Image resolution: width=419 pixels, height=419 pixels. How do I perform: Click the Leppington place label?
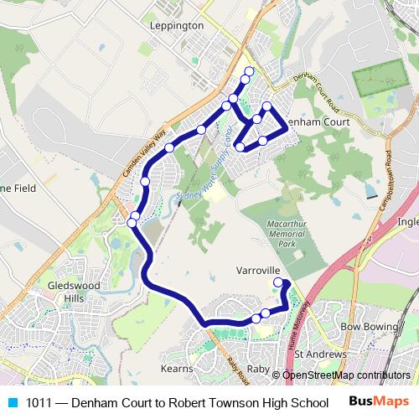point(176,26)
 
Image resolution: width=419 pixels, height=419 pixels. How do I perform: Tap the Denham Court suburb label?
point(318,122)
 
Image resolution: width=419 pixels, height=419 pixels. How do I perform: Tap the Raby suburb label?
point(257,368)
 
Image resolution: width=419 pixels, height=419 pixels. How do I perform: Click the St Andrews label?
point(320,355)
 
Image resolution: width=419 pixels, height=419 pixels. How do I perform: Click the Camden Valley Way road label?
point(143,152)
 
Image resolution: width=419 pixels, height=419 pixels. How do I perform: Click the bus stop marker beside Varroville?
point(279,283)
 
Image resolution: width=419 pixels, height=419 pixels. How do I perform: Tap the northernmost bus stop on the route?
point(249,70)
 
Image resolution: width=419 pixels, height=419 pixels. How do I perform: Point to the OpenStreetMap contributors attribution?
point(346,375)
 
